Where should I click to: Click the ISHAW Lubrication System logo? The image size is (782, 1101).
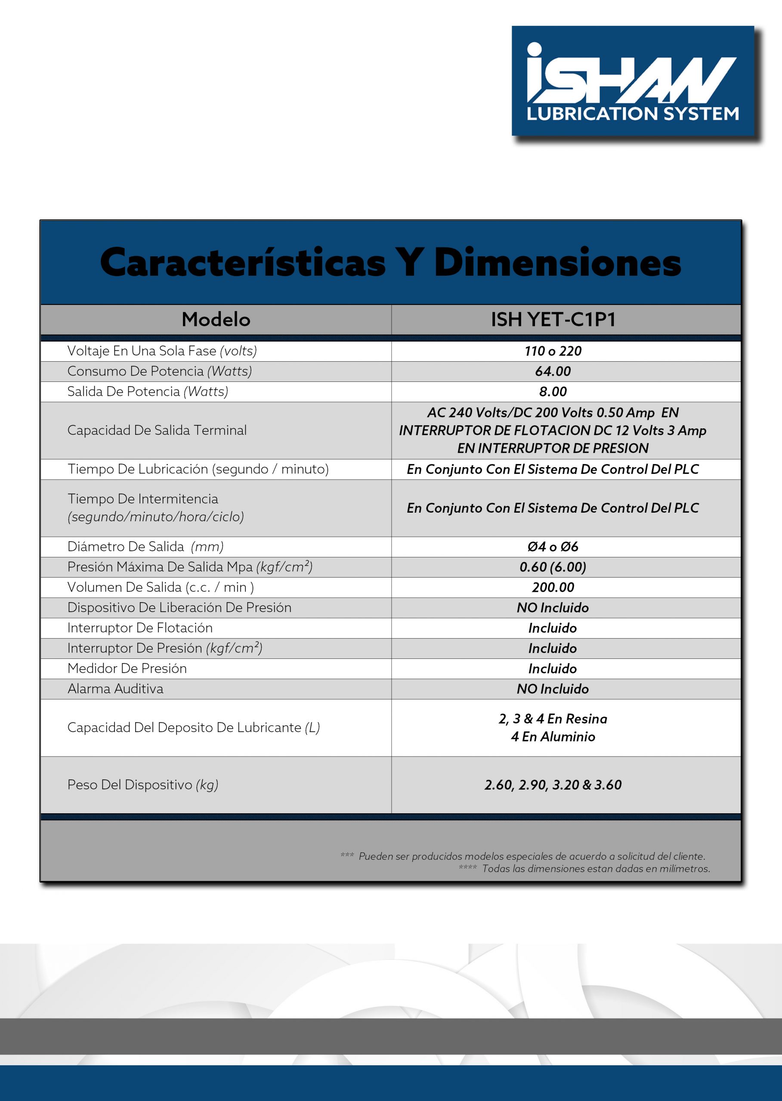point(632,81)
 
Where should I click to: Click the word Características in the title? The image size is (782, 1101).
point(243,263)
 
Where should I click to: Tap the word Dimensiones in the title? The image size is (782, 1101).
point(557,263)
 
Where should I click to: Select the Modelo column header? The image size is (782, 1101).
point(216,320)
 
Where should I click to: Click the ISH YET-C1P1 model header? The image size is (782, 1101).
point(553,320)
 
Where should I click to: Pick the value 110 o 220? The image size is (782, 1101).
point(553,351)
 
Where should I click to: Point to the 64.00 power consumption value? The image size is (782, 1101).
point(553,372)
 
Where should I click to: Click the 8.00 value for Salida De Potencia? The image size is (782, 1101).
point(553,392)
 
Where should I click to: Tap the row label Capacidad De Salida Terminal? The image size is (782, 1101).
point(157,430)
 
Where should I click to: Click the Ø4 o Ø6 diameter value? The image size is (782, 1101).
point(553,547)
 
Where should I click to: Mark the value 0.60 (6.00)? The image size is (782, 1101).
point(553,567)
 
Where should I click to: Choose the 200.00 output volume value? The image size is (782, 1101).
point(553,587)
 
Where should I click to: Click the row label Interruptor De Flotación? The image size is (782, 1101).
point(139,628)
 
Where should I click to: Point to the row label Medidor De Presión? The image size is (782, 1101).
point(127,668)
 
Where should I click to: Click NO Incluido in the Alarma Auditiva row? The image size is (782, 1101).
point(553,689)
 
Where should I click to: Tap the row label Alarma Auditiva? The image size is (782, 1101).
point(116,689)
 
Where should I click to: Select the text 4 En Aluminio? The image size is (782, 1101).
point(553,737)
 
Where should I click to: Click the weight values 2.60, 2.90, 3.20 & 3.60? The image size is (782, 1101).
point(553,785)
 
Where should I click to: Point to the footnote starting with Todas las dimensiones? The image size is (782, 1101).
point(596,869)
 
